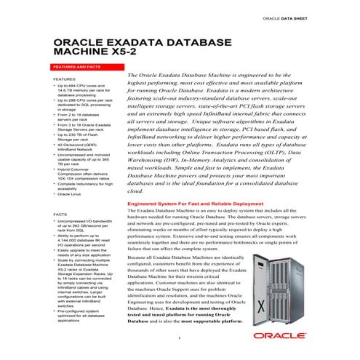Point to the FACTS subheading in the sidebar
(61, 215)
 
